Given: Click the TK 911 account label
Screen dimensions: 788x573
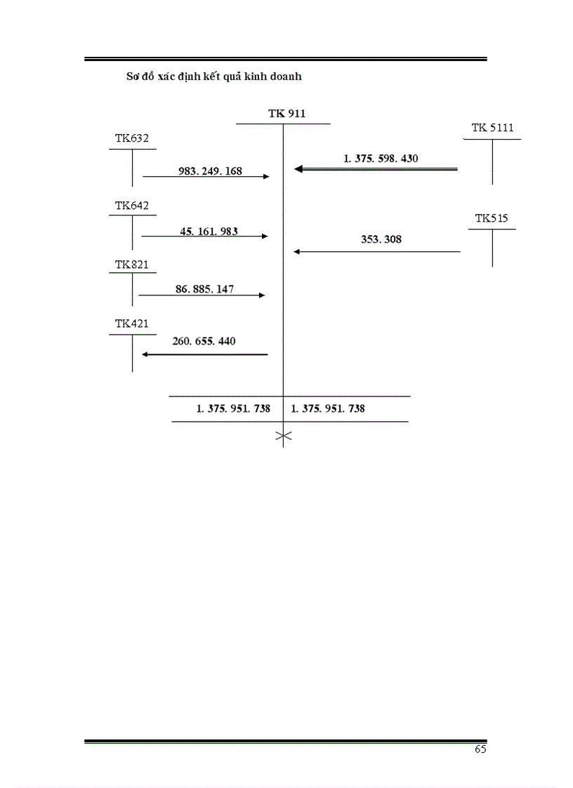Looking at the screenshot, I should pos(286,114).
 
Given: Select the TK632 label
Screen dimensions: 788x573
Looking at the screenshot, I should pos(132,138).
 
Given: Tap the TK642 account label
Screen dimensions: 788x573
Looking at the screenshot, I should pos(132,206).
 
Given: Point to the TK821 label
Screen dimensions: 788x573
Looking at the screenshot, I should pos(132,265).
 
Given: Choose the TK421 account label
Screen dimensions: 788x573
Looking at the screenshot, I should pos(132,323).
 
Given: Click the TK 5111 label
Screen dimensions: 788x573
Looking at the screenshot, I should pos(492,128).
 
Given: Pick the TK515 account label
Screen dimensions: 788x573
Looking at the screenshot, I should pos(492,218).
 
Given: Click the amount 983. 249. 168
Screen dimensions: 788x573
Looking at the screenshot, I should pos(210,171).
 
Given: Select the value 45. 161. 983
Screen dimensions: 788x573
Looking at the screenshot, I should pos(209,230).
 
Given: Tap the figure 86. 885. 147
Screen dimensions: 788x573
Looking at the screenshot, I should pos(205,289).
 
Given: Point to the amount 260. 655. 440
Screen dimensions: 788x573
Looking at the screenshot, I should pos(204,342).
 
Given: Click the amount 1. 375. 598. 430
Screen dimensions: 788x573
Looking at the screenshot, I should pos(381,159).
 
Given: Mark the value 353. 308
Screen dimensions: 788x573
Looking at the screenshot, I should pos(381,239).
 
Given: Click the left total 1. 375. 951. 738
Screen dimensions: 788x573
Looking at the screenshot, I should pos(233,408).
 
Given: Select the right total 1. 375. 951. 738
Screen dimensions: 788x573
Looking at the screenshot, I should pos(328,408).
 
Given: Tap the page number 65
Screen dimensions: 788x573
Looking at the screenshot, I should pos(480,749).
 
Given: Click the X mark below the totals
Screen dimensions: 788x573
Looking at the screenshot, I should pos(283,438).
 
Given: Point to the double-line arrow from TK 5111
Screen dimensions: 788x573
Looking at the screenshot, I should pos(376,169).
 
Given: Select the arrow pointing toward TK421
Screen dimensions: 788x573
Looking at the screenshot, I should pos(204,354).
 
